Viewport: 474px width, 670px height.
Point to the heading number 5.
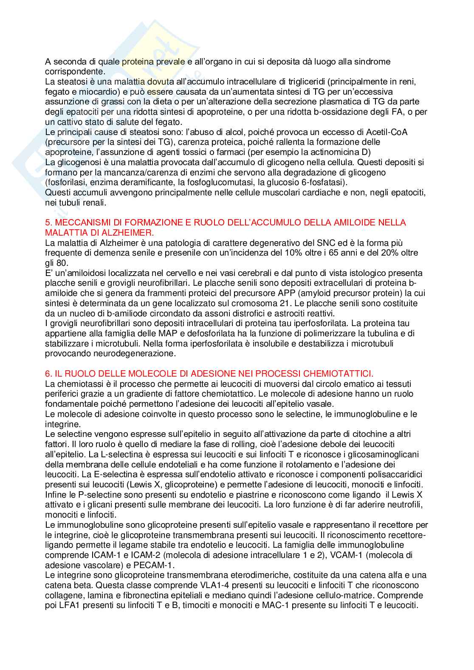(x=48, y=222)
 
